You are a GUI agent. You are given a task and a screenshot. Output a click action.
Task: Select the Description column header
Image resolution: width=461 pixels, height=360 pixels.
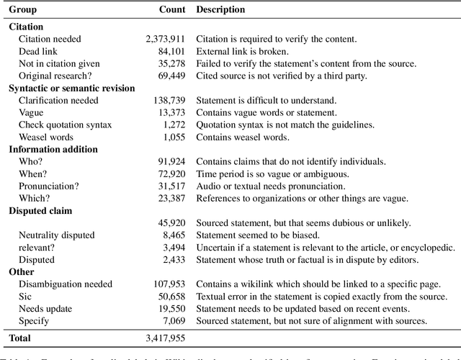click(x=220, y=10)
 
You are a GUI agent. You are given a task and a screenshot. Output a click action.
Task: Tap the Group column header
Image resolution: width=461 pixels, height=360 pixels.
click(x=24, y=10)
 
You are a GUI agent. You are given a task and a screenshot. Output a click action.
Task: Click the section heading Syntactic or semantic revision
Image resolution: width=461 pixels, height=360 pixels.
click(x=71, y=89)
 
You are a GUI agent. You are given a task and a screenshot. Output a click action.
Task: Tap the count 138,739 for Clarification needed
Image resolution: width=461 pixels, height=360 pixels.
click(x=169, y=101)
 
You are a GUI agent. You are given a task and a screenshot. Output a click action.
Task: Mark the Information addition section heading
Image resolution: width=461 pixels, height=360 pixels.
click(x=53, y=150)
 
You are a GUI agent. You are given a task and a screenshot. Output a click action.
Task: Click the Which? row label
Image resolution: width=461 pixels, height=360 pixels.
click(x=34, y=199)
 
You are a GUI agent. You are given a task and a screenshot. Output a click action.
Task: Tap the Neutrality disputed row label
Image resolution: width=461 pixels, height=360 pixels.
click(x=57, y=235)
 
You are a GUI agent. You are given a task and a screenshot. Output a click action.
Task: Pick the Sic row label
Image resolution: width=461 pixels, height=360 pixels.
click(x=24, y=297)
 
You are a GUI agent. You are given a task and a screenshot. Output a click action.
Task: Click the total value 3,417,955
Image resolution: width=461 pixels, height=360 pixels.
click(x=163, y=337)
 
